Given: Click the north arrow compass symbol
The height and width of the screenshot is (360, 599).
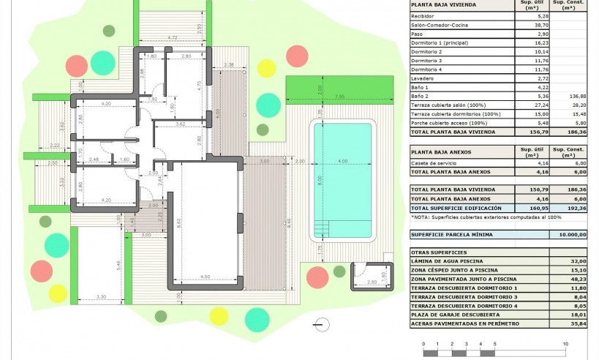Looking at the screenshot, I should coord(318,323).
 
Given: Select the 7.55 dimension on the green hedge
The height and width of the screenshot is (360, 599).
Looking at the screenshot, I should coord(339,97).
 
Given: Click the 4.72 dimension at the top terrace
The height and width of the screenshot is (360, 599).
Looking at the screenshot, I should coord(173,37).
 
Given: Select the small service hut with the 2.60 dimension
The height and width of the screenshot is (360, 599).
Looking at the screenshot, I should coord(371,277).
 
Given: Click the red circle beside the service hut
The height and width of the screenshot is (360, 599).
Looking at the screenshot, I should coord(317,277).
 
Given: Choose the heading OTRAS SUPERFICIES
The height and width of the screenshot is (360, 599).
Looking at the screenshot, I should coord(435,252).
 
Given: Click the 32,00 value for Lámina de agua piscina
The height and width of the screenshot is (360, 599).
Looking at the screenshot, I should coord(578,260).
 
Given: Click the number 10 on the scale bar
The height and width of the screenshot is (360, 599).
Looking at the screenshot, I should coord(565,343).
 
